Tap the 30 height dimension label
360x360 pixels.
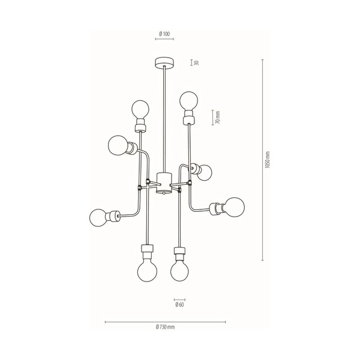tap(196, 62)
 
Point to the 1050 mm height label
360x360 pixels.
tap(268, 160)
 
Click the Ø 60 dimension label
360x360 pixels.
tap(179, 305)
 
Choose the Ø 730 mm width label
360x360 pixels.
tap(164, 327)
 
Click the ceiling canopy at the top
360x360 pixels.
tap(163, 61)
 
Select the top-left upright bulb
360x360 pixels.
tap(141, 109)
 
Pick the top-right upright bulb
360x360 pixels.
tap(189, 100)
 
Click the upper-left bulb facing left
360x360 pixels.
tap(118, 145)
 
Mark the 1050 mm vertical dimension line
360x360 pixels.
tap(262, 160)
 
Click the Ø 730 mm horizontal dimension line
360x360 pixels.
tap(165, 321)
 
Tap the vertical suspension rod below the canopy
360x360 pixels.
tap(163, 120)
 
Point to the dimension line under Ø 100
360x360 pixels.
tap(164, 39)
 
